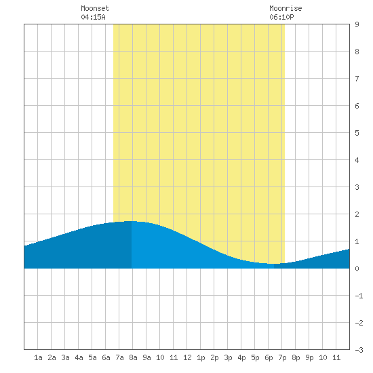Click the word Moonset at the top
[x=95, y=8]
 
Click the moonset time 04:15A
[x=93, y=17]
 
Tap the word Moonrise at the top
[x=286, y=8]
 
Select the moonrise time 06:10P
[x=281, y=17]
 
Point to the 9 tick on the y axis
[x=357, y=24]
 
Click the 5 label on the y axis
[x=357, y=133]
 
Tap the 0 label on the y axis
[x=357, y=269]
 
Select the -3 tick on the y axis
[x=359, y=350]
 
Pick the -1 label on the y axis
[x=359, y=296]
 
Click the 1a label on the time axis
[x=38, y=357]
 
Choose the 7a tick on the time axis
[x=119, y=357]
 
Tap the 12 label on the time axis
[x=187, y=357]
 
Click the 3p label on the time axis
[x=228, y=357]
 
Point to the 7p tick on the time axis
[x=282, y=357]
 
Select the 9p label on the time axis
[x=309, y=357]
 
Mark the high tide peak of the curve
[x=132, y=221]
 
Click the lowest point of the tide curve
[x=274, y=264]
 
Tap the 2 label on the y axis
[x=357, y=214]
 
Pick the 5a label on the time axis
[x=92, y=357]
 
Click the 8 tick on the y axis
[x=357, y=52]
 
